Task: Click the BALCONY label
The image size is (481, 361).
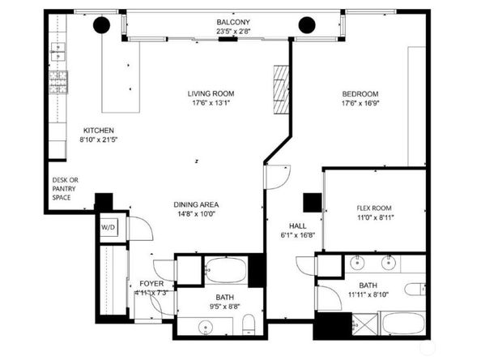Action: [233, 22]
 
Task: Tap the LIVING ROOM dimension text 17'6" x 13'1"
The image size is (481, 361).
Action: [211, 103]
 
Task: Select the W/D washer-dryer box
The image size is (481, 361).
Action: [109, 227]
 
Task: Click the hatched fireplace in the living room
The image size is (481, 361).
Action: [281, 89]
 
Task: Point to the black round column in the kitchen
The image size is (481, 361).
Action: [101, 25]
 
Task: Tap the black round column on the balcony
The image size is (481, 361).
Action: [307, 25]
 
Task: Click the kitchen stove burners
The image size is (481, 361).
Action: [58, 82]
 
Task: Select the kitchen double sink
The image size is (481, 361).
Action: [58, 52]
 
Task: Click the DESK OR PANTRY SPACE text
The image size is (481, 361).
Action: [65, 189]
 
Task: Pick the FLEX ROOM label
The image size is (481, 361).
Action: [374, 208]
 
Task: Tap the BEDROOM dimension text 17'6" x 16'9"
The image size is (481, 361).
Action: [360, 103]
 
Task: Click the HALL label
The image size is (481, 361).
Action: [297, 226]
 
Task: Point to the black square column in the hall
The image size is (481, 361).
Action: [313, 203]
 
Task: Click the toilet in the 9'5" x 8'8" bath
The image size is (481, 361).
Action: [249, 324]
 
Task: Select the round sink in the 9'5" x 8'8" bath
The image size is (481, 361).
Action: [206, 328]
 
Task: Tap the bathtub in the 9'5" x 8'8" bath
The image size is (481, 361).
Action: [227, 270]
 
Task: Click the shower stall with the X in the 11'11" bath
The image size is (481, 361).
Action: [364, 324]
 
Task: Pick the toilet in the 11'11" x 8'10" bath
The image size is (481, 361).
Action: [415, 290]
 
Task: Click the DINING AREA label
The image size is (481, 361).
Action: [196, 204]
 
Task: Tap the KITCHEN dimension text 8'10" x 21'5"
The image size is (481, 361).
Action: [99, 140]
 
